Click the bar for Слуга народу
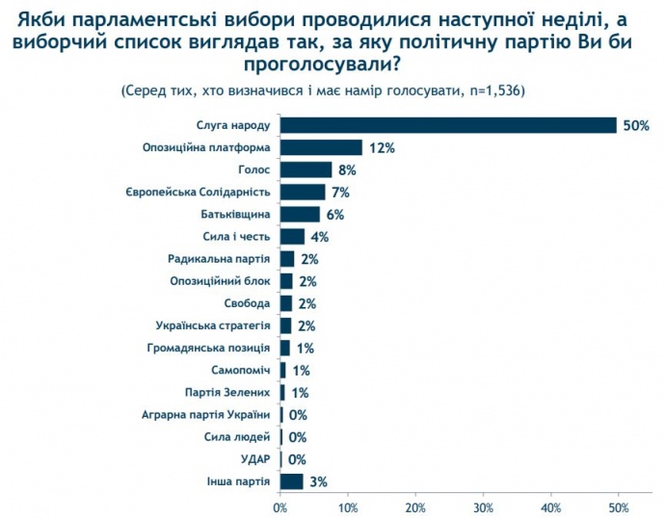coord(448,125)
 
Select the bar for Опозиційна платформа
coord(321,147)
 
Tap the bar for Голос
coord(306,169)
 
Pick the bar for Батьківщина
coord(300,214)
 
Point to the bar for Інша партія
coord(291,480)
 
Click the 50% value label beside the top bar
coord(636,125)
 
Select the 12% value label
coord(380,147)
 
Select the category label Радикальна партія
coord(219,259)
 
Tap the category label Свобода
coord(246,303)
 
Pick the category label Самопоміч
coord(240,370)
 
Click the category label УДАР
coord(255,458)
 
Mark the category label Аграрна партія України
coord(207,414)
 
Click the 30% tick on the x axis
coord(484,506)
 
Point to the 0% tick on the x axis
coord(280,506)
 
